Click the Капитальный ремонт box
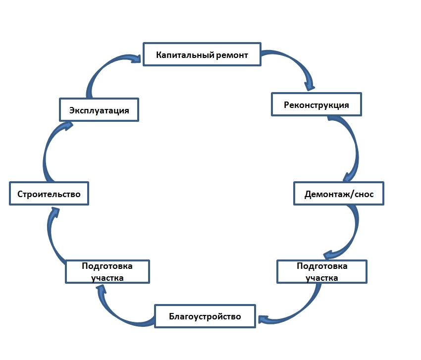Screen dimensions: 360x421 click(x=202, y=54)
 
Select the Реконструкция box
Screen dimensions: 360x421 click(x=316, y=104)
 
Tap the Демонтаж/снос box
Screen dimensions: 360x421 click(x=339, y=194)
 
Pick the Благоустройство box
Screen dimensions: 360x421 click(x=205, y=316)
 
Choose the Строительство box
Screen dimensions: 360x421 click(x=49, y=193)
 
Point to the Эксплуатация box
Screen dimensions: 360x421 click(x=99, y=109)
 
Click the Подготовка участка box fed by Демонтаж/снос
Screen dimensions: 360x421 click(x=322, y=271)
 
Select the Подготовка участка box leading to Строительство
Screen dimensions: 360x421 click(x=107, y=271)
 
